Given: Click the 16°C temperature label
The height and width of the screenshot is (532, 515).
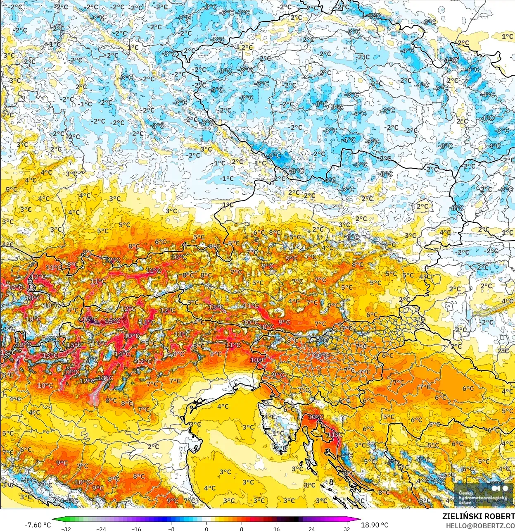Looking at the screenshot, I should (x=90, y=320).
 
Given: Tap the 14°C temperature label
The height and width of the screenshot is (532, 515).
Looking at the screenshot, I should (x=122, y=354).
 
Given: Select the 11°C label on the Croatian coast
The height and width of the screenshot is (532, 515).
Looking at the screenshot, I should (x=335, y=435).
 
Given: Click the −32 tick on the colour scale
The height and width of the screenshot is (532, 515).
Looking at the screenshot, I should (x=66, y=529).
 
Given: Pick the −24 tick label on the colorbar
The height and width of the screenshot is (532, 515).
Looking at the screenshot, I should (x=101, y=529).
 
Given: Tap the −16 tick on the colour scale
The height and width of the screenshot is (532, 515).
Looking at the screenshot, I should (x=136, y=529).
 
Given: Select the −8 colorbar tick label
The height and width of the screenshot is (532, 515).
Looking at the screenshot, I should (x=171, y=529).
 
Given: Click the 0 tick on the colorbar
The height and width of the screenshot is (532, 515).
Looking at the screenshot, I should (x=206, y=529).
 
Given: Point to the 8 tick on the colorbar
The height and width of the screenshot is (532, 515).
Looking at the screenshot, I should (x=241, y=529).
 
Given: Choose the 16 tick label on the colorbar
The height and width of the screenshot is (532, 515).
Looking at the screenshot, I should (x=276, y=529).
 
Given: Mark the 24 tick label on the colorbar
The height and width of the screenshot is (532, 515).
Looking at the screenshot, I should (x=311, y=529).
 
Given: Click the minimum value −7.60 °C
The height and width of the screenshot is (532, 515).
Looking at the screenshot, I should (x=38, y=525).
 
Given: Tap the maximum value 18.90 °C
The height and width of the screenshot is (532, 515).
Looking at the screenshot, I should (x=375, y=525).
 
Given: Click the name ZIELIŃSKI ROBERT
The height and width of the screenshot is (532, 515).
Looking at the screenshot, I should (x=478, y=516).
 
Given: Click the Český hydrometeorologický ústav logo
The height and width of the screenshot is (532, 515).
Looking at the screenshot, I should (x=484, y=494).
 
